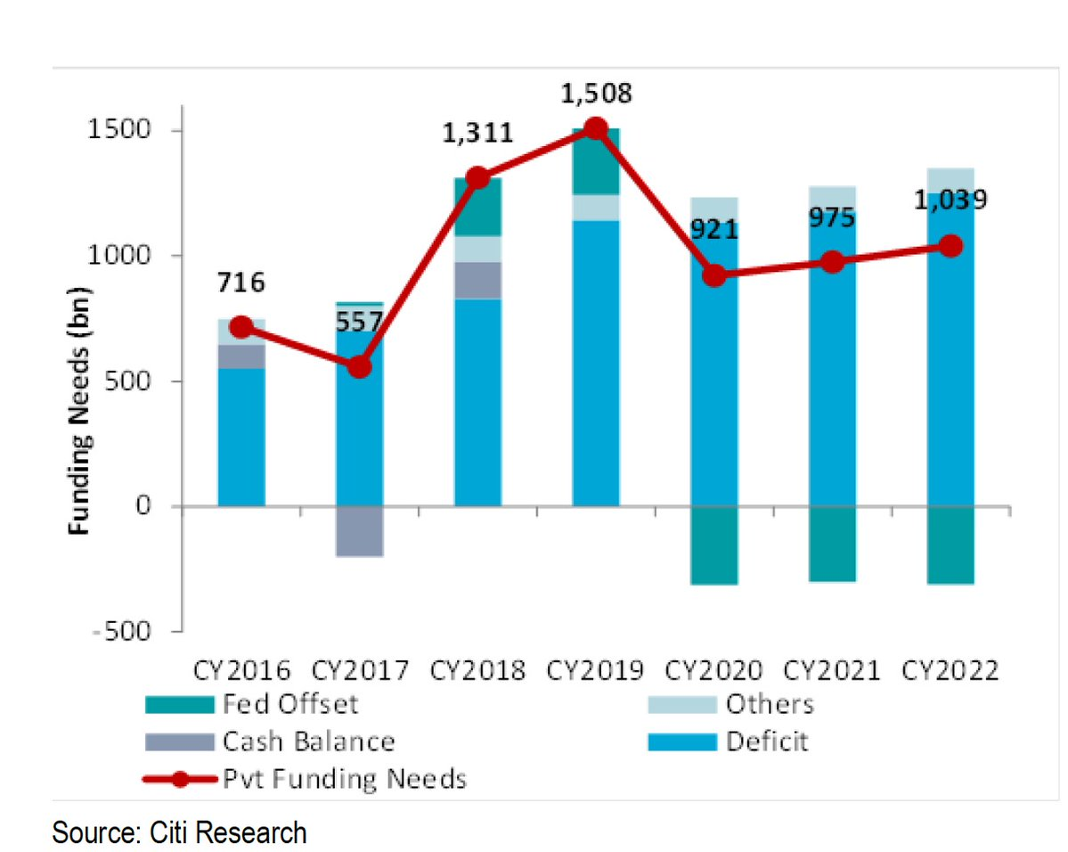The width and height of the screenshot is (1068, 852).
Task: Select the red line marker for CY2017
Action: click(x=359, y=366)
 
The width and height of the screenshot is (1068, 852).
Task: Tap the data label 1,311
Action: click(x=477, y=134)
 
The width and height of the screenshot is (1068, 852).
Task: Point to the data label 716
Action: click(x=241, y=283)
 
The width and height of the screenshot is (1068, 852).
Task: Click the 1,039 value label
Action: click(x=952, y=200)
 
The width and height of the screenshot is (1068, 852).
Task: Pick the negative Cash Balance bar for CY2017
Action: click(x=359, y=531)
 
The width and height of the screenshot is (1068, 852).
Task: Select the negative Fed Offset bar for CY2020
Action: click(x=714, y=545)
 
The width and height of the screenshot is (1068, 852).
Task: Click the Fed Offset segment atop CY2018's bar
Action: click(x=477, y=207)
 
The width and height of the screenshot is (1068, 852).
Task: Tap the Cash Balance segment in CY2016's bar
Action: click(x=241, y=356)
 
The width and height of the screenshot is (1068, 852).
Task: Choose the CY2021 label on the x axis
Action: click(x=832, y=670)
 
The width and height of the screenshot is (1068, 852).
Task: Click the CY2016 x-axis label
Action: click(x=241, y=670)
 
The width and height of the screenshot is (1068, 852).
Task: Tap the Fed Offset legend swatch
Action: click(x=180, y=705)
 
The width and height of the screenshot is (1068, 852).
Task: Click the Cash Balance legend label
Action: click(x=308, y=741)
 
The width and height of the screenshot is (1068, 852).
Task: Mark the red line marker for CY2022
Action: click(x=951, y=246)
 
